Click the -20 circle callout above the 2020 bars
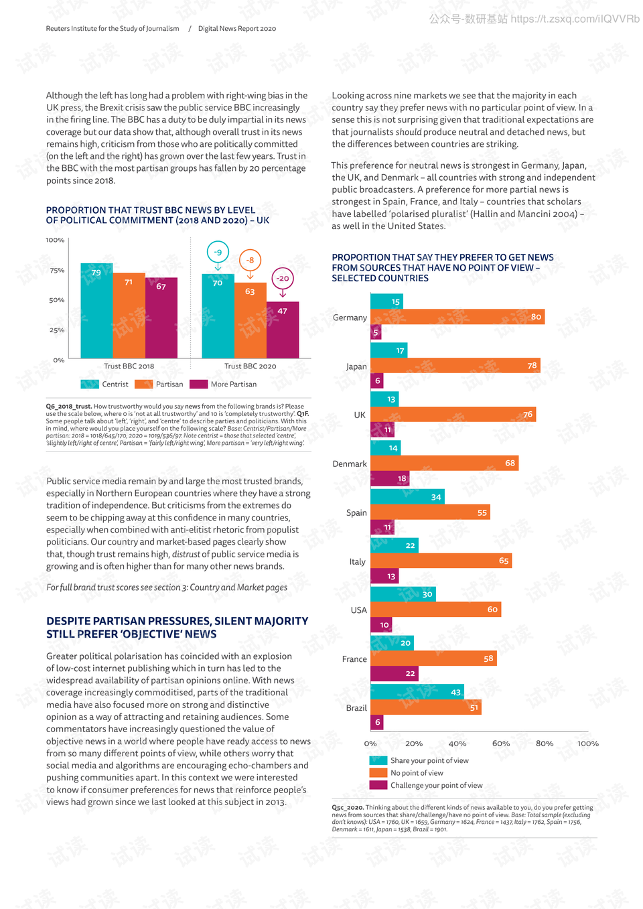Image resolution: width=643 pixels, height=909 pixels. pyautogui.click(x=283, y=279)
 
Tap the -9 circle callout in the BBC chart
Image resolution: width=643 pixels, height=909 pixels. pyautogui.click(x=218, y=252)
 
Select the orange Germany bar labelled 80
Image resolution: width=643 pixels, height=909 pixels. pyautogui.click(x=457, y=317)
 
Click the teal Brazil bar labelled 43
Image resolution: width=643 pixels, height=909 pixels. pyautogui.click(x=417, y=692)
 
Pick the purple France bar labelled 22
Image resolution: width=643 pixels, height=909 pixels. pyautogui.click(x=395, y=674)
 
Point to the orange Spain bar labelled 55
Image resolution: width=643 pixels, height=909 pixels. pyautogui.click(x=430, y=512)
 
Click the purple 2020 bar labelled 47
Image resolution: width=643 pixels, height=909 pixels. pyautogui.click(x=283, y=330)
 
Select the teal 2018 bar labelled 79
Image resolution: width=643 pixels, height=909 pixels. pyautogui.click(x=96, y=311)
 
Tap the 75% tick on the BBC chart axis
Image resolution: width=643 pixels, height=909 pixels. pyautogui.click(x=57, y=270)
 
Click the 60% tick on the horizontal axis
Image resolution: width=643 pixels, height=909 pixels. pyautogui.click(x=500, y=744)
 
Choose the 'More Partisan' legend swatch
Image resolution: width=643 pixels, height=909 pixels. pyautogui.click(x=198, y=384)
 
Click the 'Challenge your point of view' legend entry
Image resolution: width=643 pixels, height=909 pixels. pyautogui.click(x=426, y=785)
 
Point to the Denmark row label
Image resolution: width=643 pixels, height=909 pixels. pyautogui.click(x=349, y=464)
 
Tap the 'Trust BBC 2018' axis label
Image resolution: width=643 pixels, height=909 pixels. pyautogui.click(x=129, y=366)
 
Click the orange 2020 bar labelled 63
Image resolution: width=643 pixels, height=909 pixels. pyautogui.click(x=251, y=321)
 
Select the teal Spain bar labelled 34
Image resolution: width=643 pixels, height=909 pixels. pyautogui.click(x=407, y=497)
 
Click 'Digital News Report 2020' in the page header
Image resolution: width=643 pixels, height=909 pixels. pyautogui.click(x=237, y=28)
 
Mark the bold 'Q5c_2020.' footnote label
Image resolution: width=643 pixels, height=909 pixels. pyautogui.click(x=348, y=807)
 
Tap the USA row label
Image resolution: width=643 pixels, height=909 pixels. pyautogui.click(x=358, y=610)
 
